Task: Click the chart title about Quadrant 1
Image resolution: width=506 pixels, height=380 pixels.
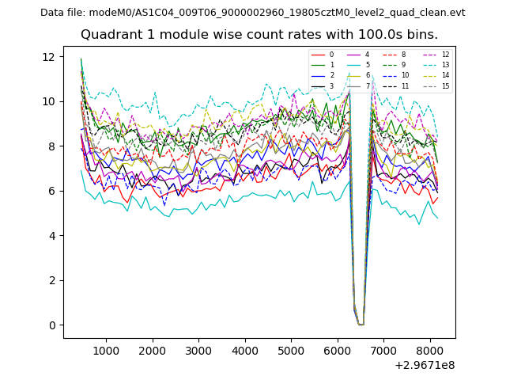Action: point(259,35)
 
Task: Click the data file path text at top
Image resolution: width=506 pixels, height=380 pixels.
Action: point(253,13)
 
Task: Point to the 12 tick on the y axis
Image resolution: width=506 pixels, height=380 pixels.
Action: point(49,57)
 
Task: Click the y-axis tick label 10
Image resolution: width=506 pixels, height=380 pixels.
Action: point(49,101)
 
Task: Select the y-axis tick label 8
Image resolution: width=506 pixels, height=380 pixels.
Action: point(52,146)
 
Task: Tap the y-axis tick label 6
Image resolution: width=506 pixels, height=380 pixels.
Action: point(52,191)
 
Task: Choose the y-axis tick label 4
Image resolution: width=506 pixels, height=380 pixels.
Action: point(52,236)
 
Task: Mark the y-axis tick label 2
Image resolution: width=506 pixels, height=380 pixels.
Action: point(52,280)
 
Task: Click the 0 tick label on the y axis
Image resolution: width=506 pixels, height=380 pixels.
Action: point(52,325)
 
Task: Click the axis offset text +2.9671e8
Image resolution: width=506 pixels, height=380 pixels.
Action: point(423,365)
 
